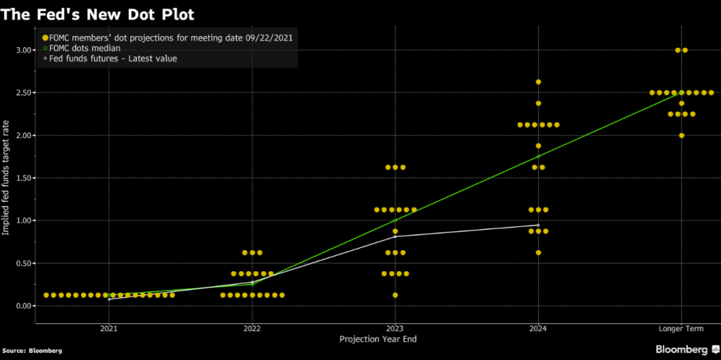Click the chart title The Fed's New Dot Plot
tap(98, 13)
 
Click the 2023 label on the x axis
tap(395, 328)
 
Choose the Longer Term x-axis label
tap(681, 328)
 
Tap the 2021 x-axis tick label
tap(109, 328)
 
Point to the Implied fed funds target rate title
tap(6, 177)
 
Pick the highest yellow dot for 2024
tap(538, 82)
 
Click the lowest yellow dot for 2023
tap(395, 295)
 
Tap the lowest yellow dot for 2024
tap(538, 252)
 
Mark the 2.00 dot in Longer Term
tap(681, 135)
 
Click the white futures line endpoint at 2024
tap(538, 225)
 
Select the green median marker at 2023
tap(395, 221)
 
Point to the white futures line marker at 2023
tap(395, 236)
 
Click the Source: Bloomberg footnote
tap(31, 350)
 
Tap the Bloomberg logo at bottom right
tap(686, 349)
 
